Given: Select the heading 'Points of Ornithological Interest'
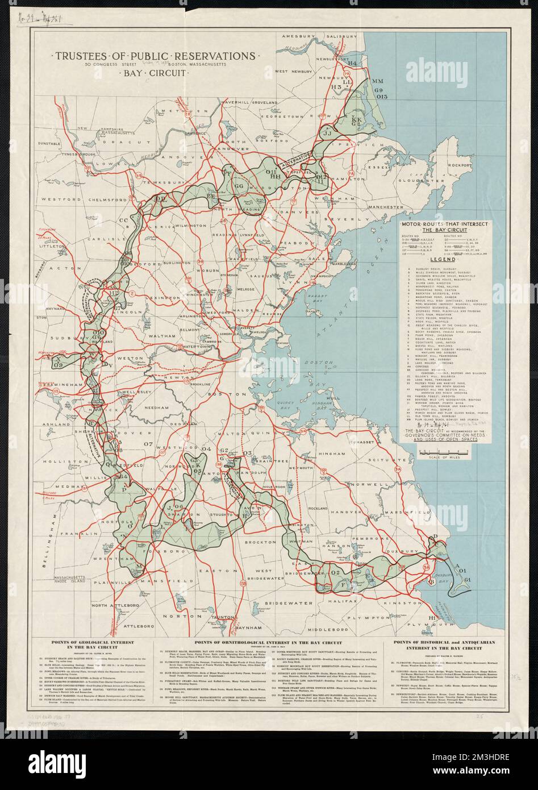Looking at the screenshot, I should [269, 641].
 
